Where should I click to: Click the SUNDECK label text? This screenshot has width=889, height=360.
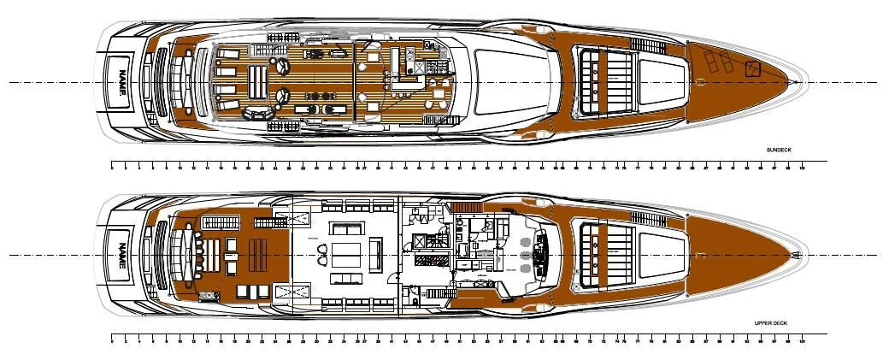[779, 150]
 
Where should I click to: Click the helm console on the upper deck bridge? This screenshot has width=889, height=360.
[539, 255]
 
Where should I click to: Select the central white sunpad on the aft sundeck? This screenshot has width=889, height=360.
[256, 82]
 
